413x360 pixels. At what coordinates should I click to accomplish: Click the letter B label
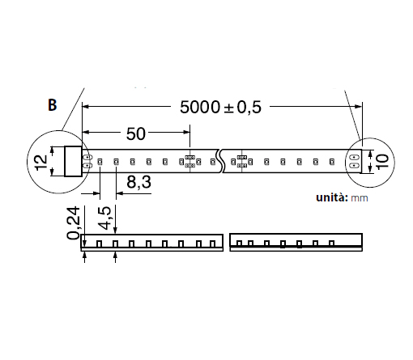[x=53, y=104]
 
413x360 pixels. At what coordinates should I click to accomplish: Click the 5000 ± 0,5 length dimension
[x=220, y=107]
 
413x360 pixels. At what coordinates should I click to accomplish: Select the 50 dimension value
[x=136, y=133]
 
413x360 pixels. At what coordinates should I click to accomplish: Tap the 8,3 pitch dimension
[x=138, y=182]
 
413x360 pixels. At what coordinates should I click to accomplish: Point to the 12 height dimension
[x=41, y=162]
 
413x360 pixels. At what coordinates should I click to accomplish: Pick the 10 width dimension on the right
[x=382, y=162]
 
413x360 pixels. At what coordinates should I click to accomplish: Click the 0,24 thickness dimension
[x=74, y=222]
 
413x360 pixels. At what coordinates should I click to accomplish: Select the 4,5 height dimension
[x=104, y=218]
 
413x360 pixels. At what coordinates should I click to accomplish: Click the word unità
[x=332, y=197]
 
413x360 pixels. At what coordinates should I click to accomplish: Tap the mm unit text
[x=360, y=198]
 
